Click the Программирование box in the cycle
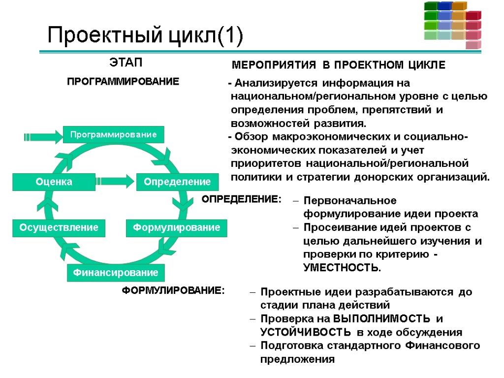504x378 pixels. tap(113, 134)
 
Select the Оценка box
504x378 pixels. tap(53, 182)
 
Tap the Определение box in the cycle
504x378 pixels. tap(177, 182)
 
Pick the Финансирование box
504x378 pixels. tap(116, 272)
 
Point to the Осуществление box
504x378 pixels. tap(59, 228)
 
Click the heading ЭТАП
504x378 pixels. tap(125, 63)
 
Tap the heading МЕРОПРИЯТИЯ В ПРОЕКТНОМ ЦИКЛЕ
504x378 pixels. tap(338, 65)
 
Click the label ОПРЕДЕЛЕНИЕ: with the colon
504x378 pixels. tap(242, 199)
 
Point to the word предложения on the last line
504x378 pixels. tap(297, 359)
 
